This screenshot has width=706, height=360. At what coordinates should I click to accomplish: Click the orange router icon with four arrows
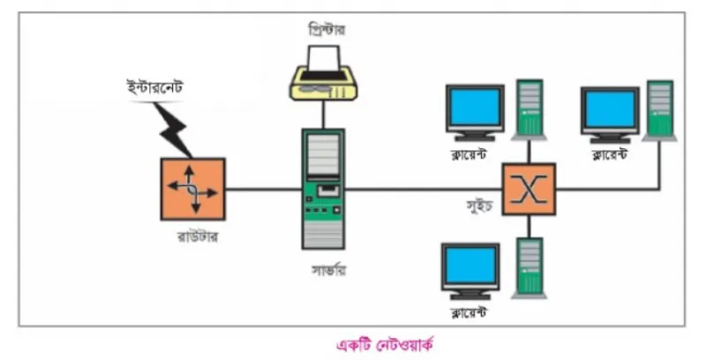(x=192, y=189)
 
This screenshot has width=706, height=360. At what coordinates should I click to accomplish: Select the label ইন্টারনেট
(x=154, y=87)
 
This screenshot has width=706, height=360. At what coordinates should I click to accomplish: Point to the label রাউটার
(x=198, y=236)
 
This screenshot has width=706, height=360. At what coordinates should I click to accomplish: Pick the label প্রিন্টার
(x=327, y=30)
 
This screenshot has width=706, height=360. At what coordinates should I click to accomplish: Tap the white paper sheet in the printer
(x=323, y=58)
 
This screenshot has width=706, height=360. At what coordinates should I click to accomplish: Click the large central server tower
(x=323, y=189)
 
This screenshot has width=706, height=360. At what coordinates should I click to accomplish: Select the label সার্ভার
(x=329, y=271)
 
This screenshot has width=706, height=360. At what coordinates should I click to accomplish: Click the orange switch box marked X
(x=529, y=189)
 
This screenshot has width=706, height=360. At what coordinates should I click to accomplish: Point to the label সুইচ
(x=480, y=206)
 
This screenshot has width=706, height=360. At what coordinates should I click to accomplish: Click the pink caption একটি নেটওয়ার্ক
(x=385, y=346)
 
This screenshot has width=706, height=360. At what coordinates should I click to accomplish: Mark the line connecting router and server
(x=263, y=189)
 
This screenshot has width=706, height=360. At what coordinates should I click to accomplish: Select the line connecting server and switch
(x=424, y=189)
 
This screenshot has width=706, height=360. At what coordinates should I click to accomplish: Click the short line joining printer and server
(x=323, y=115)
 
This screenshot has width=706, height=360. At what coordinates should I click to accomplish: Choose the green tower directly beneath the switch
(x=529, y=268)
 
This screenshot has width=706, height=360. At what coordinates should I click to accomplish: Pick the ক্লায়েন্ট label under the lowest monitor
(x=469, y=311)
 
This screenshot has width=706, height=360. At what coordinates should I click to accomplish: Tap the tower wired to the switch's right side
(x=660, y=110)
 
